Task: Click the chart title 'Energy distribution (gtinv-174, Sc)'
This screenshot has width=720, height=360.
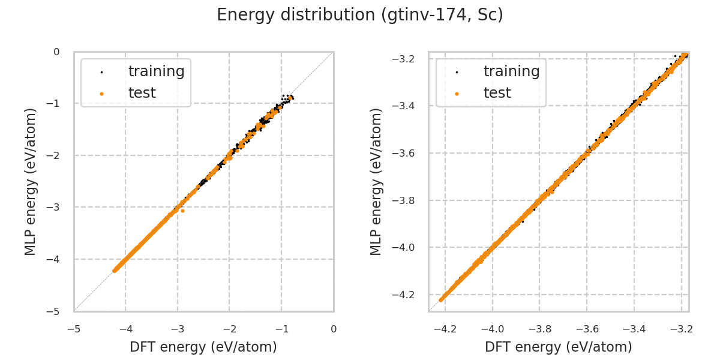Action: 360,15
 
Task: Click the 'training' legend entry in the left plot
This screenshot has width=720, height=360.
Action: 156,71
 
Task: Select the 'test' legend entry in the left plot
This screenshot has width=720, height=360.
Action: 142,93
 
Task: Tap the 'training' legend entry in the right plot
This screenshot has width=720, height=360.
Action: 511,71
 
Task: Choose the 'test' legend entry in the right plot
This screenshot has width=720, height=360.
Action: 497,93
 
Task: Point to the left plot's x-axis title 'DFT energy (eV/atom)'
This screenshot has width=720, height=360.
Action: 203,347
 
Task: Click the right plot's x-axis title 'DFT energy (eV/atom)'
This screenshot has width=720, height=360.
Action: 559,347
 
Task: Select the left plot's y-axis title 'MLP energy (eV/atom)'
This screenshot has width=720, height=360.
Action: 31,181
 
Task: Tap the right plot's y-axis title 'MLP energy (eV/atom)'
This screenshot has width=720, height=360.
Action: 376,181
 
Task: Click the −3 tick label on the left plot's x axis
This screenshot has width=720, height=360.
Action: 177,329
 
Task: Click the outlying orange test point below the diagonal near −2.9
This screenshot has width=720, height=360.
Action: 182,211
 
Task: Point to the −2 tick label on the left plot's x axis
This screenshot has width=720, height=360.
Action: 229,329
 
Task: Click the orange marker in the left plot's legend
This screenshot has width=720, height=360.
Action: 101,94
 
